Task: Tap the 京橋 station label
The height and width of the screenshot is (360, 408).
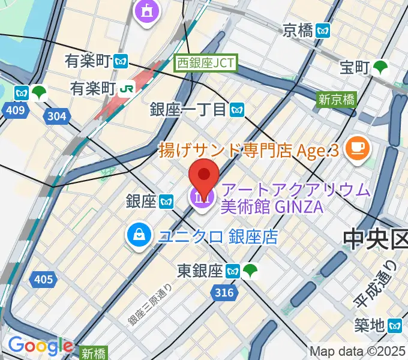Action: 299,29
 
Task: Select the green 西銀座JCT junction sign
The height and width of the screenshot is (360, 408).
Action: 207,62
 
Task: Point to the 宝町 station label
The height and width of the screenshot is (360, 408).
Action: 353,68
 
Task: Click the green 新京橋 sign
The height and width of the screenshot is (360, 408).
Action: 337,100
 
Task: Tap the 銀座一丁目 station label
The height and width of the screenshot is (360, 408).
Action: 188,109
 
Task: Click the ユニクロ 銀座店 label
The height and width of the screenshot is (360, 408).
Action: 218,237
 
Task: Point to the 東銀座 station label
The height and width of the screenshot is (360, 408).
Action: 200,271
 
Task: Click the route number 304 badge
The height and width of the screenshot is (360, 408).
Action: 55,116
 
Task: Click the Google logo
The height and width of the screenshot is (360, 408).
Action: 40,346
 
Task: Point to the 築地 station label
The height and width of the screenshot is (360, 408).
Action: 368,326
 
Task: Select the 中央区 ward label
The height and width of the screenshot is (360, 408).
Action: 375,239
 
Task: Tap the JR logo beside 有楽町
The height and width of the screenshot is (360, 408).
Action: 127,88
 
